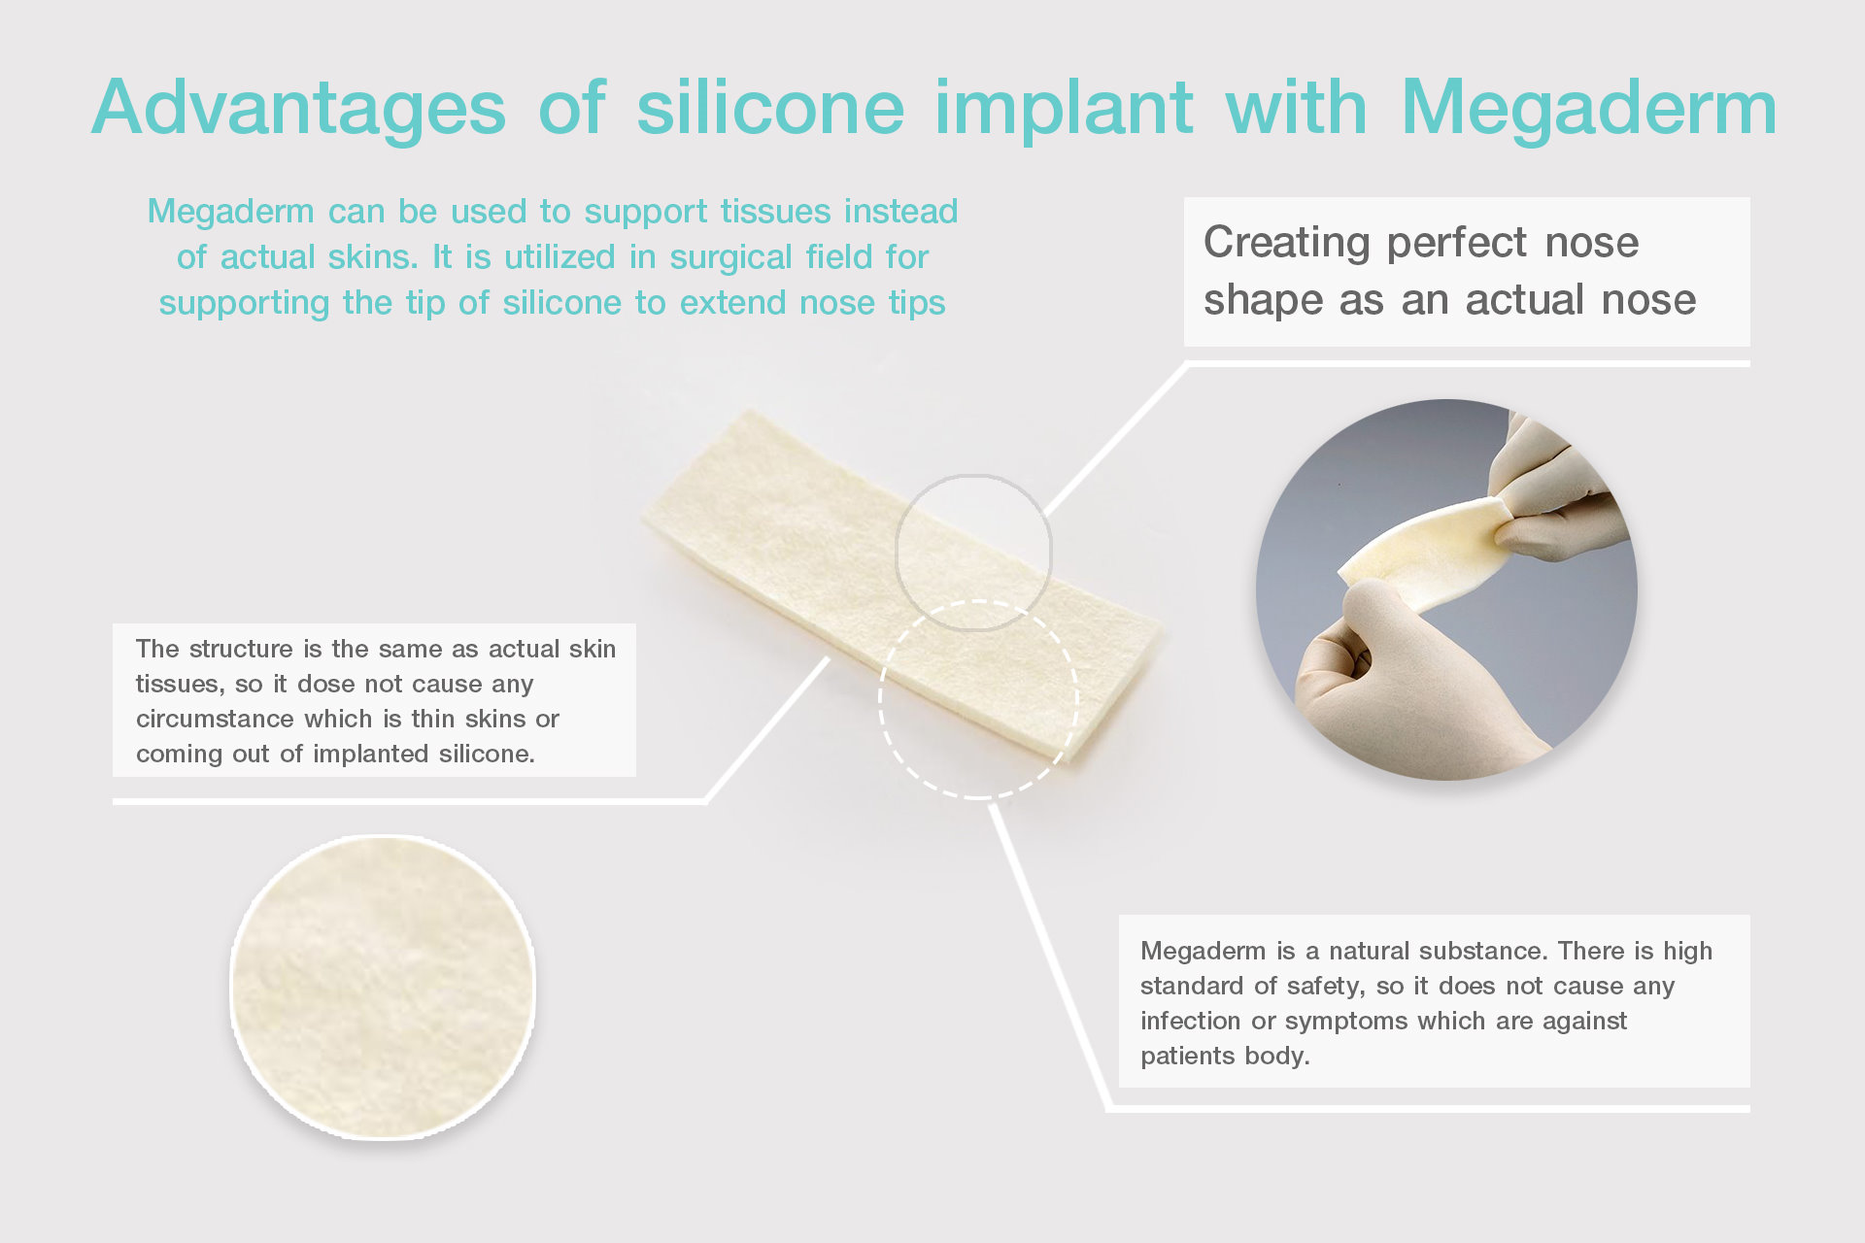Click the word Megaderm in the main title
[1589, 108]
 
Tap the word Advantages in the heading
[299, 110]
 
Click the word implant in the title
[1064, 110]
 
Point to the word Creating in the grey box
[1286, 243]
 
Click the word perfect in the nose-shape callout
[1457, 243]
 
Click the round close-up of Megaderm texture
[383, 987]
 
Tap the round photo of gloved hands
[1446, 589]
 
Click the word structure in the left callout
[241, 649]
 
